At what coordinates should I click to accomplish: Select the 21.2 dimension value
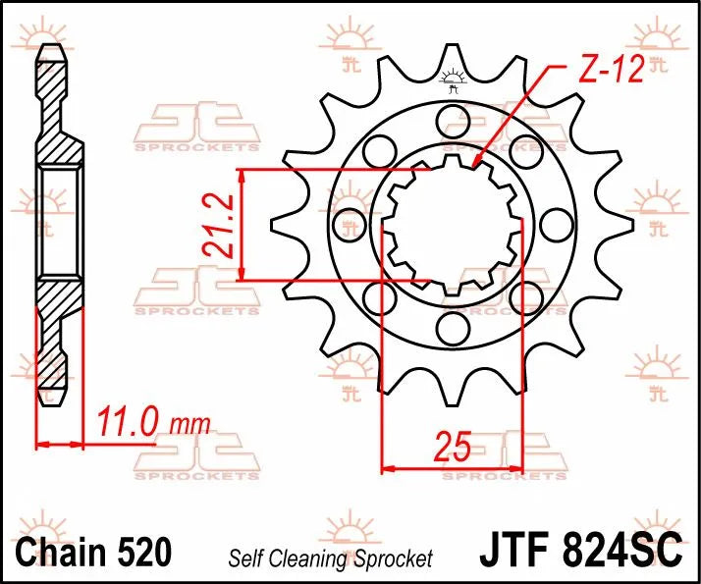[219, 225]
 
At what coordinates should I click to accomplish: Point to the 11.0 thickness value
[128, 424]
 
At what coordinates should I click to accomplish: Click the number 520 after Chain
[143, 550]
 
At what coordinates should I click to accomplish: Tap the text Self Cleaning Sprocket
[330, 559]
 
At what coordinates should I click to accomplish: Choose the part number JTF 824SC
[579, 550]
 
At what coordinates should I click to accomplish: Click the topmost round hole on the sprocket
[453, 121]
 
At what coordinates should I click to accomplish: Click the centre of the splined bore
[453, 224]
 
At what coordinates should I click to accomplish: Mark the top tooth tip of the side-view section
[55, 49]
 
